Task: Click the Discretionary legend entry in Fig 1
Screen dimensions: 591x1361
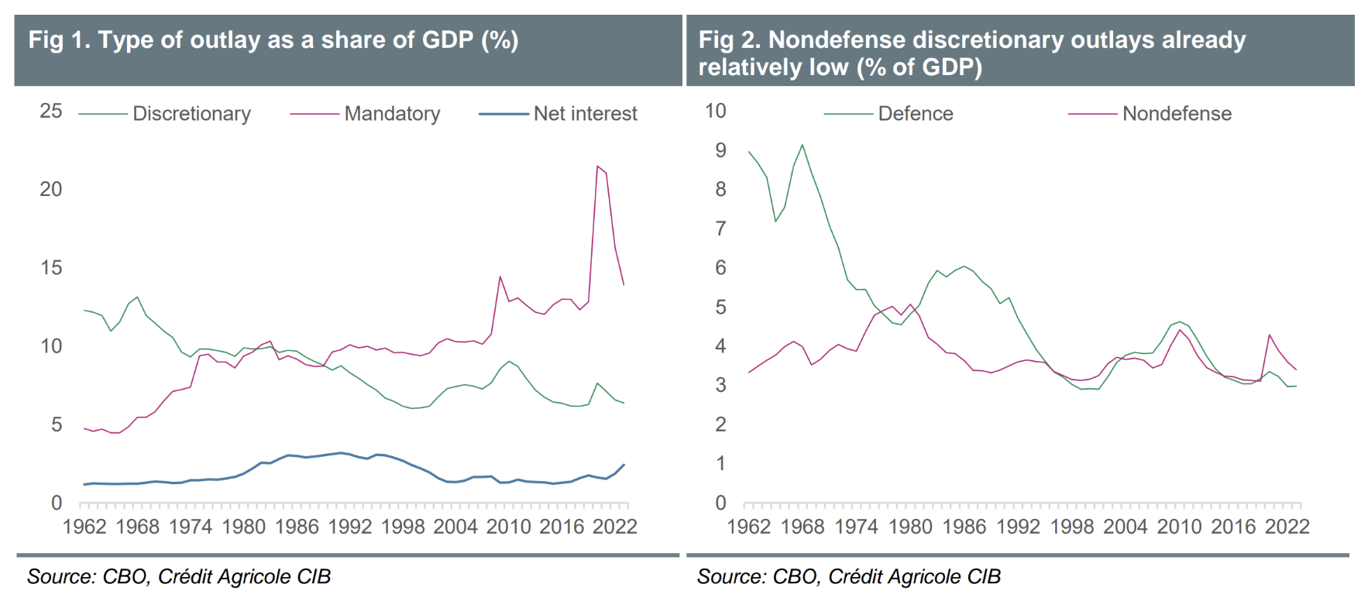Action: pos(191,114)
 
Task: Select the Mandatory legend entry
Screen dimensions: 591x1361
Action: pos(392,114)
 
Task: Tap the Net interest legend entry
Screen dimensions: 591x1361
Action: pos(585,114)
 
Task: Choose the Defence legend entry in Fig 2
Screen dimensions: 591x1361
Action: pos(915,114)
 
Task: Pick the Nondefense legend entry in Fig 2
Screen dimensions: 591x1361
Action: pos(1176,114)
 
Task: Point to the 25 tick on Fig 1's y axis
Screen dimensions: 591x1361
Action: pos(51,111)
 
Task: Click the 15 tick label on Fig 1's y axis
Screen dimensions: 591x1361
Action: pos(51,268)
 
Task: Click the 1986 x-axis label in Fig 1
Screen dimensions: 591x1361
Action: pos(297,527)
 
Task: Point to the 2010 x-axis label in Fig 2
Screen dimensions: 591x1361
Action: pos(1179,527)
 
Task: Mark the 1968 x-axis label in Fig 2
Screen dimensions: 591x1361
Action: pos(803,527)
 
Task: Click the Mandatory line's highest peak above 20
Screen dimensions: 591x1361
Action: pos(597,166)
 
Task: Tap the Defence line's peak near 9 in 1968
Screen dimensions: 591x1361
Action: pos(803,145)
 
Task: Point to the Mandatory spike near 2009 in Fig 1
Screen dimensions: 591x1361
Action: pos(500,277)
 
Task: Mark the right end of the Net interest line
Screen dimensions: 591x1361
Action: pos(624,465)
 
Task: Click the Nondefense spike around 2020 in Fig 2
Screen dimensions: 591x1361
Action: pos(1270,335)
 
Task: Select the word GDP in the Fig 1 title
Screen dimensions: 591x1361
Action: pos(447,40)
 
